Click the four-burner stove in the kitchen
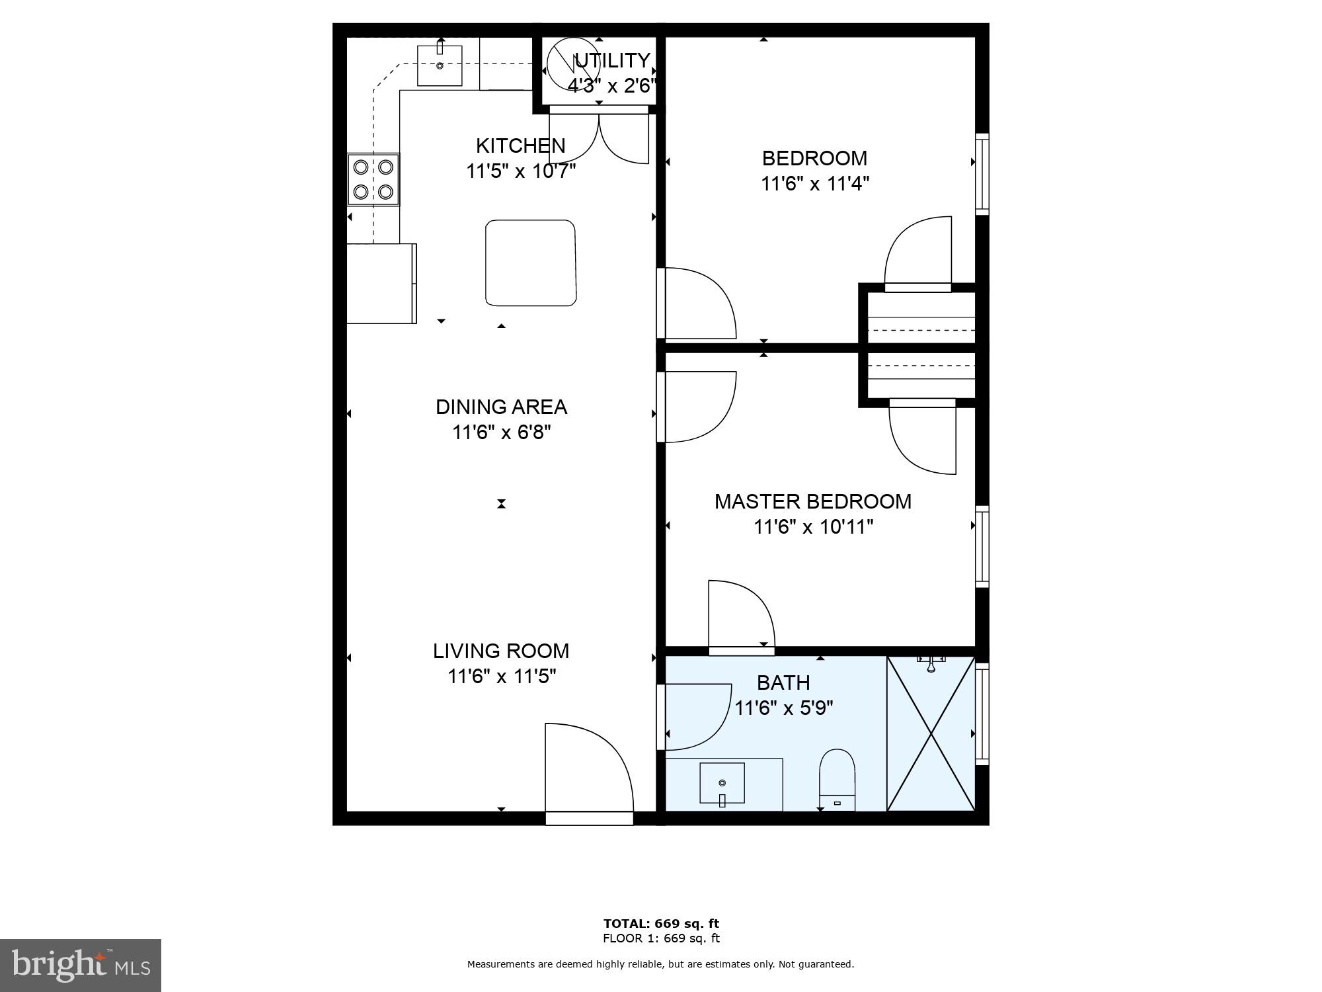[373, 179]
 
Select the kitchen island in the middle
[531, 263]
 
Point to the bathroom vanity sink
[722, 784]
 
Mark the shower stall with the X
[931, 733]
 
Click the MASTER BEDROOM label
[812, 501]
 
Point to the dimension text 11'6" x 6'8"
[501, 433]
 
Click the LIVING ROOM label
[500, 651]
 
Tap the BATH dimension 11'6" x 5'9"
[783, 708]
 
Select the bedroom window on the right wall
[982, 174]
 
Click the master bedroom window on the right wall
[982, 546]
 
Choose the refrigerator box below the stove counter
[381, 283]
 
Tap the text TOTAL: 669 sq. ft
[660, 923]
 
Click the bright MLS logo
[80, 966]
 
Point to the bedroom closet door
[917, 255]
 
